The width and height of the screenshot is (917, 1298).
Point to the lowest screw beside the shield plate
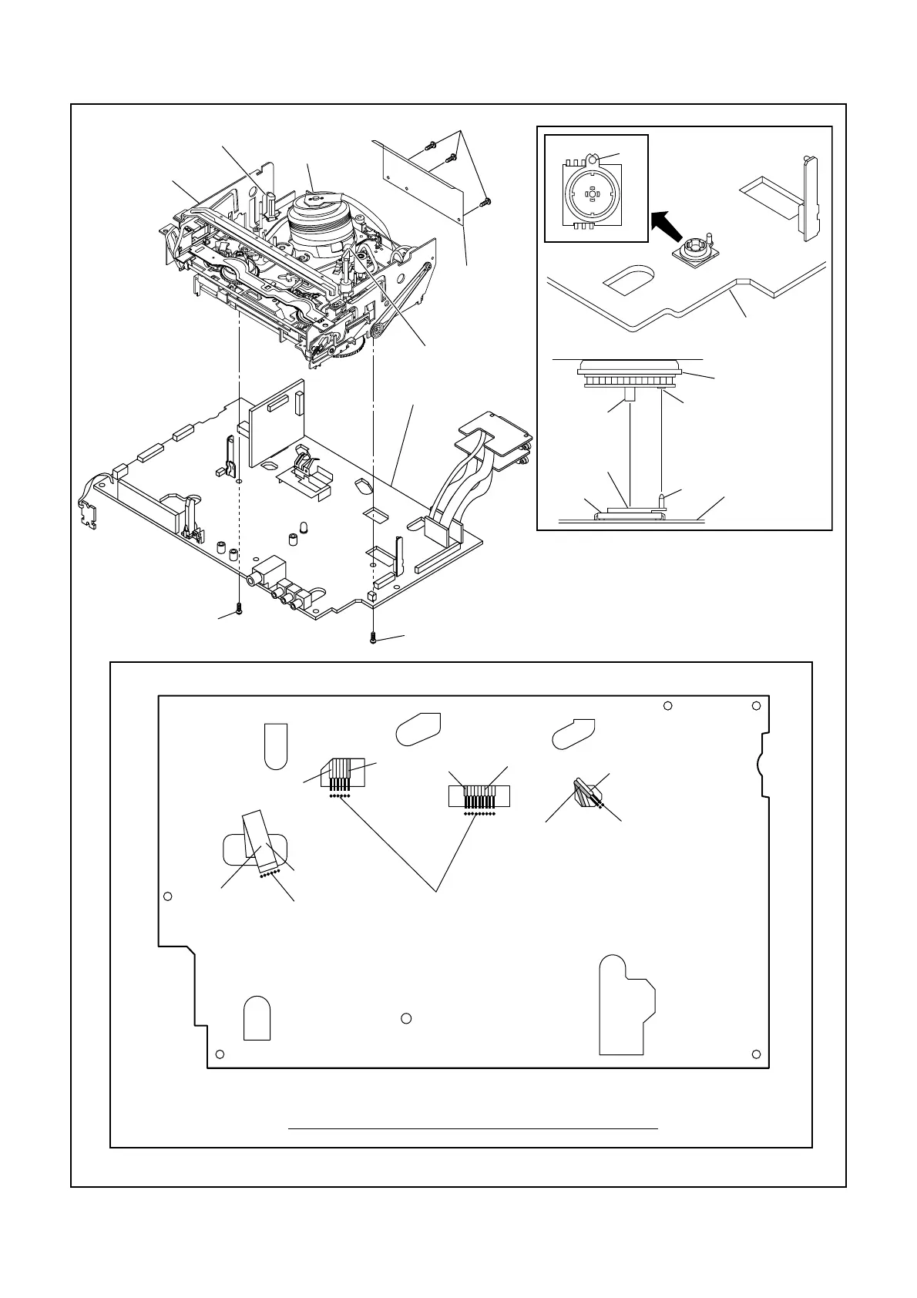coord(485,202)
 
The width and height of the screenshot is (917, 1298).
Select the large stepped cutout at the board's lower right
coord(626,1006)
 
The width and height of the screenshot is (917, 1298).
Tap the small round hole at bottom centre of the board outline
coord(407,1018)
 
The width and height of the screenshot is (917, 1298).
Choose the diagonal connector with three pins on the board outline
coord(587,794)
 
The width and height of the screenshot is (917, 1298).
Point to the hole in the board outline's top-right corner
coord(757,707)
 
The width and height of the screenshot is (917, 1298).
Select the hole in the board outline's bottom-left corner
coord(220,1054)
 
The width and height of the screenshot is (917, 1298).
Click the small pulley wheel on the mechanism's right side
coord(378,331)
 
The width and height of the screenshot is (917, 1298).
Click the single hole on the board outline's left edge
coord(168,896)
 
